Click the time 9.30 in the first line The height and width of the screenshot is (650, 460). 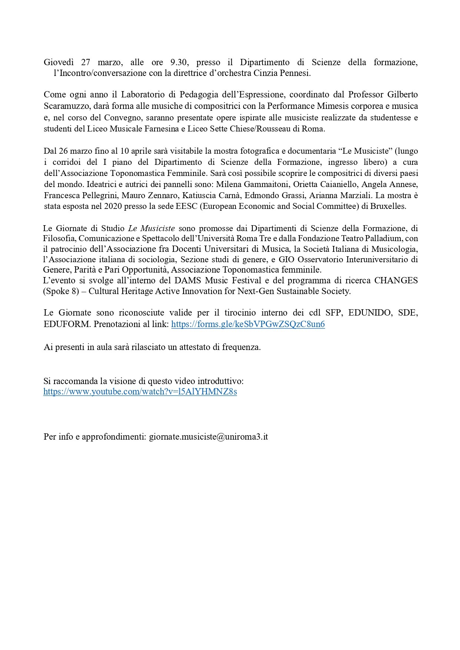(179, 62)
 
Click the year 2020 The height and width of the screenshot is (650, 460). (113, 206)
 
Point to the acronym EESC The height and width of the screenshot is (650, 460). (186, 206)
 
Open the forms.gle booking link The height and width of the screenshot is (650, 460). (248, 324)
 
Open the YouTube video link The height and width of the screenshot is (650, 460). (140, 391)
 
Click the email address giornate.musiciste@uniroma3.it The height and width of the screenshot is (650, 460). (208, 437)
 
